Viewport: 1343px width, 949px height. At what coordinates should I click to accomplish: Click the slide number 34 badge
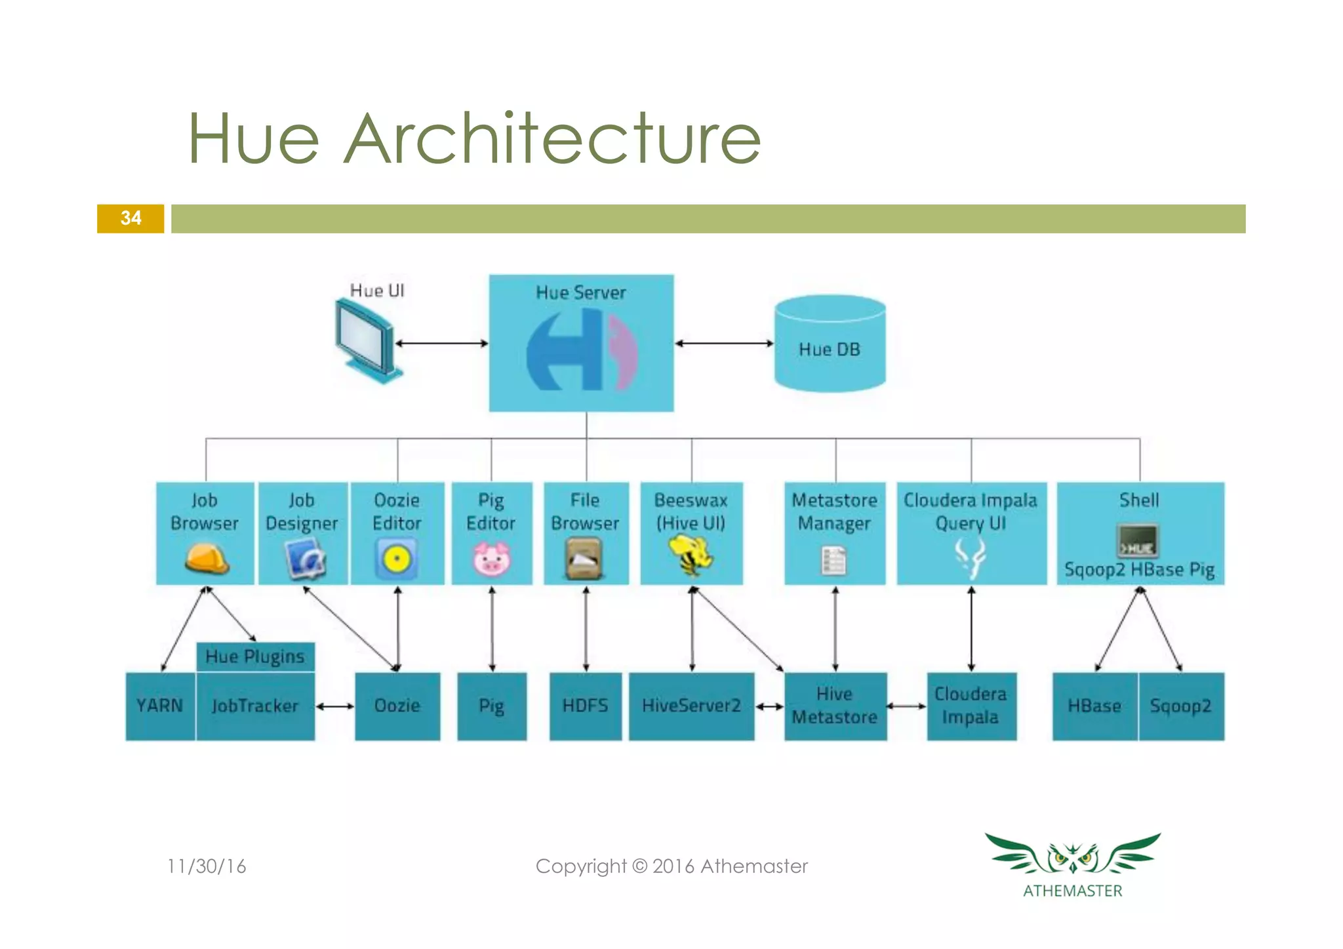pos(130,218)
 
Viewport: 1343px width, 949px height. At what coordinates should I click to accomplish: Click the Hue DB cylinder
pos(830,344)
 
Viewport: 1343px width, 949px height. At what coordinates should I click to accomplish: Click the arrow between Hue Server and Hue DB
pos(724,343)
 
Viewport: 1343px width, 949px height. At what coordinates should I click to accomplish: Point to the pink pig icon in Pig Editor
pos(491,559)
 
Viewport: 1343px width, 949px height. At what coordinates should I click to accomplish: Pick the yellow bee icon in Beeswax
pos(691,555)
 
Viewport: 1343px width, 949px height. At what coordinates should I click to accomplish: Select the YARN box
pos(160,706)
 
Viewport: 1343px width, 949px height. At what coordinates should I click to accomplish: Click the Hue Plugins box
pos(255,656)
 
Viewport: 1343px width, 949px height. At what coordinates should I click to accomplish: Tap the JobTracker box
pos(255,706)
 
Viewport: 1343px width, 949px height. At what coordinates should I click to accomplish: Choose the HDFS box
pos(585,706)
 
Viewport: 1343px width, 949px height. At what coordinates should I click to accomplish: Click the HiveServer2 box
pos(691,706)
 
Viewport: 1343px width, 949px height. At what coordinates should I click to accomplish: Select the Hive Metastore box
pos(835,706)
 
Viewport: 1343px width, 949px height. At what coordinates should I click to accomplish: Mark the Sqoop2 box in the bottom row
pos(1180,706)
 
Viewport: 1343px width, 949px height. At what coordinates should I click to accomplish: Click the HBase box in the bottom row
pos(1094,706)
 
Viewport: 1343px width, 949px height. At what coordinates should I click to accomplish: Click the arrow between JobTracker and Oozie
pos(335,706)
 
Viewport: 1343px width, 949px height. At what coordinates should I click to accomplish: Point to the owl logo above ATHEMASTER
pos(1072,854)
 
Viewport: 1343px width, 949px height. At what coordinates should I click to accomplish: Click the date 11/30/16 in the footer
pos(207,866)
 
